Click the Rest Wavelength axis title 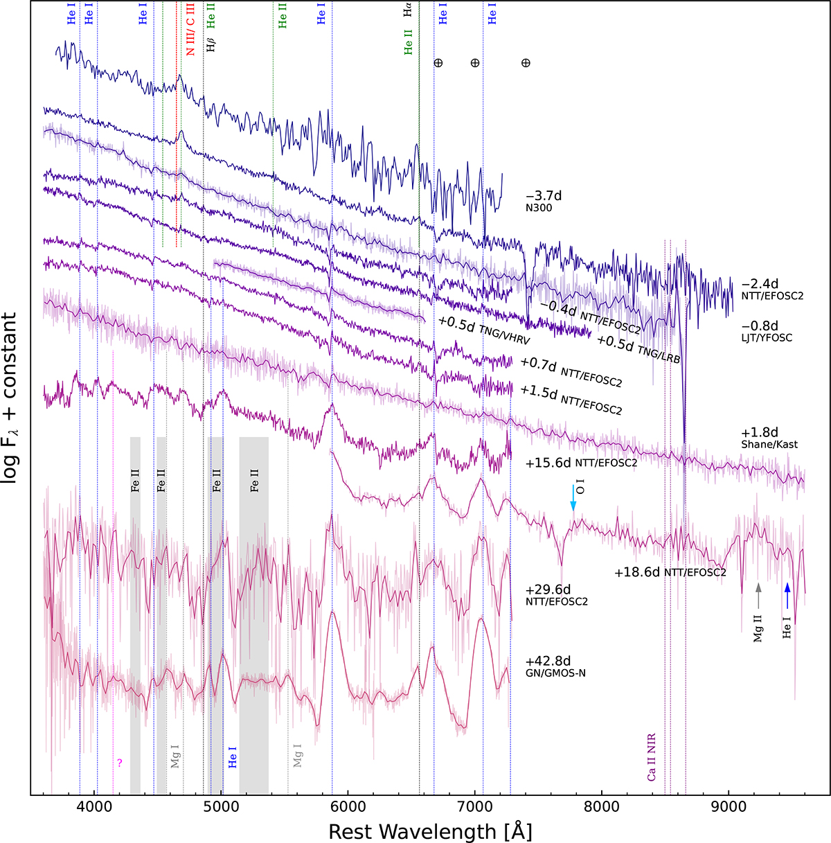tap(430, 830)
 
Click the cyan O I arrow tap(573, 498)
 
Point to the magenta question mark tap(120, 762)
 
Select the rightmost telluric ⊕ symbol tap(526, 63)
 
